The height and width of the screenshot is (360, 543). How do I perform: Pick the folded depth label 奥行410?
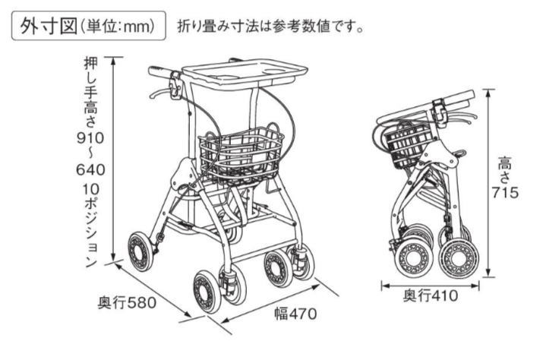431,296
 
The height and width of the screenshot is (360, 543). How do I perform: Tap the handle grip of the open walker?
159,71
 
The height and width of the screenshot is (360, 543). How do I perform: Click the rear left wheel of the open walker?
140,252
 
